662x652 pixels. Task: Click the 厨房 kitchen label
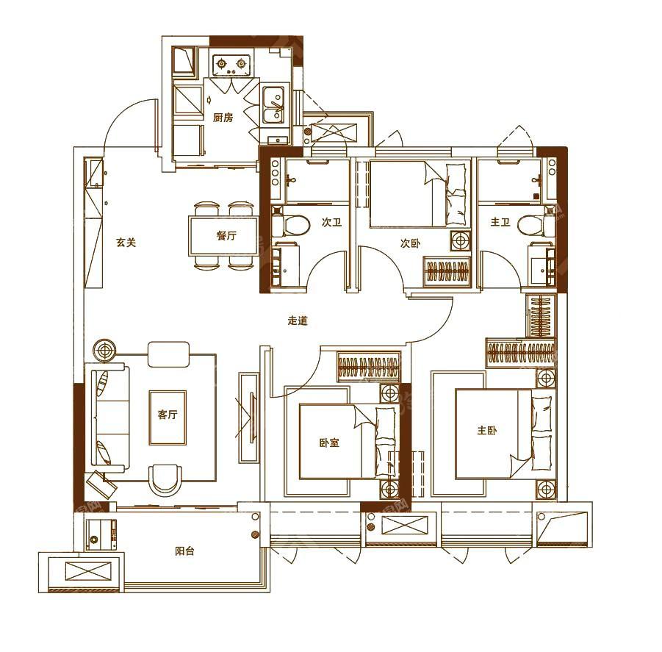coord(223,117)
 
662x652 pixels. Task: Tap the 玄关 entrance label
coord(126,243)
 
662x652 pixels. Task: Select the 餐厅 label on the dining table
coord(226,236)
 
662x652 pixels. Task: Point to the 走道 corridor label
coord(298,320)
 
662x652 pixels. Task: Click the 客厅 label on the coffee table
coord(168,415)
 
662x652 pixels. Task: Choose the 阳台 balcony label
coord(184,551)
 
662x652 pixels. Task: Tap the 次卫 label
coord(331,222)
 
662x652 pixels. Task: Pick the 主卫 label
coord(500,222)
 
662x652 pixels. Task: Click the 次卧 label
coord(411,243)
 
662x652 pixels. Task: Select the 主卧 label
coord(487,430)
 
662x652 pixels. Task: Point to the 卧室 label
coord(329,443)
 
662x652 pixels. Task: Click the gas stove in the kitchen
coord(231,65)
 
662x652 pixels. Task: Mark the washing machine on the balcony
coord(101,534)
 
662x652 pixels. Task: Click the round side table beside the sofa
coord(104,350)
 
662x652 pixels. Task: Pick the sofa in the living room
coord(108,418)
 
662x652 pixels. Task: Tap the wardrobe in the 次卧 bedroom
coord(447,271)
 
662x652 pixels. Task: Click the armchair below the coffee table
coord(167,480)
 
